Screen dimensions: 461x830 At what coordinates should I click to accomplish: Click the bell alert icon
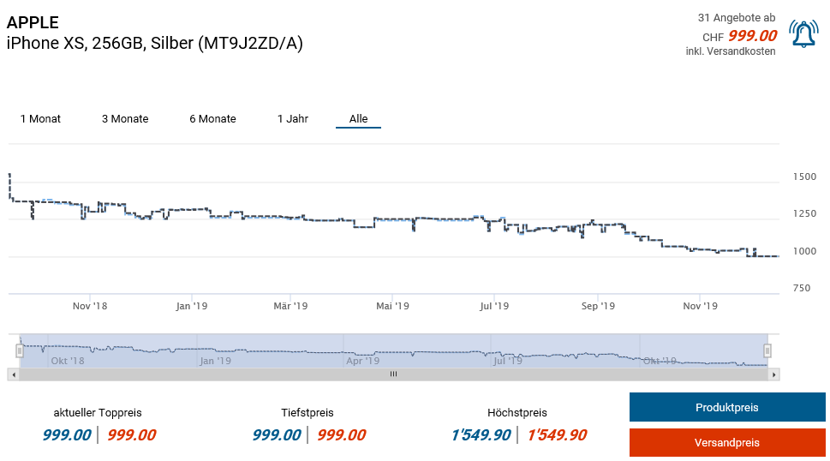click(803, 33)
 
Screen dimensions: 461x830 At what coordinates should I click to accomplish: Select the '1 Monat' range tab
click(40, 119)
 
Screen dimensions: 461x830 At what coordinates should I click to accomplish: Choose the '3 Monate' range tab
click(125, 119)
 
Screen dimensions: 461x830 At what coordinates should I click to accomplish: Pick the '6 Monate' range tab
click(212, 119)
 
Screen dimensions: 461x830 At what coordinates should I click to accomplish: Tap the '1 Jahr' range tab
click(293, 119)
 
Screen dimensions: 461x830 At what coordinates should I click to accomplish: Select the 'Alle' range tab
click(358, 119)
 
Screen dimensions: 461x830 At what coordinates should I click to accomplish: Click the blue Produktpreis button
click(726, 408)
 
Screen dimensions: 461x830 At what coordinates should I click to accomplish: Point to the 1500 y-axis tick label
click(804, 177)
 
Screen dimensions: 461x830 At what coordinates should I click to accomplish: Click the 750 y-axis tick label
click(801, 289)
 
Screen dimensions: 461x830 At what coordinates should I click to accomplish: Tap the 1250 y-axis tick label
click(804, 214)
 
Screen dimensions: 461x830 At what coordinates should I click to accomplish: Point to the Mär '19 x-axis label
click(290, 306)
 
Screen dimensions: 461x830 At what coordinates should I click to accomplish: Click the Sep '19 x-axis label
click(598, 306)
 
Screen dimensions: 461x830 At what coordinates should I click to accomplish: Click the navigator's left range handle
click(19, 350)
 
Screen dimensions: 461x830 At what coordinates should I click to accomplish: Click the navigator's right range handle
click(767, 350)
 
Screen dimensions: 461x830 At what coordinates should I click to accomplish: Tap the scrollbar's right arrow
click(773, 374)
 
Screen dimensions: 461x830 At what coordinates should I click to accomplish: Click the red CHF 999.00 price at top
click(752, 36)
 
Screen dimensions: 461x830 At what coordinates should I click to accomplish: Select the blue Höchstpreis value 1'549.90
click(481, 435)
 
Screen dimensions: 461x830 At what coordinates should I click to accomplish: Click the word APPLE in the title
click(33, 23)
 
